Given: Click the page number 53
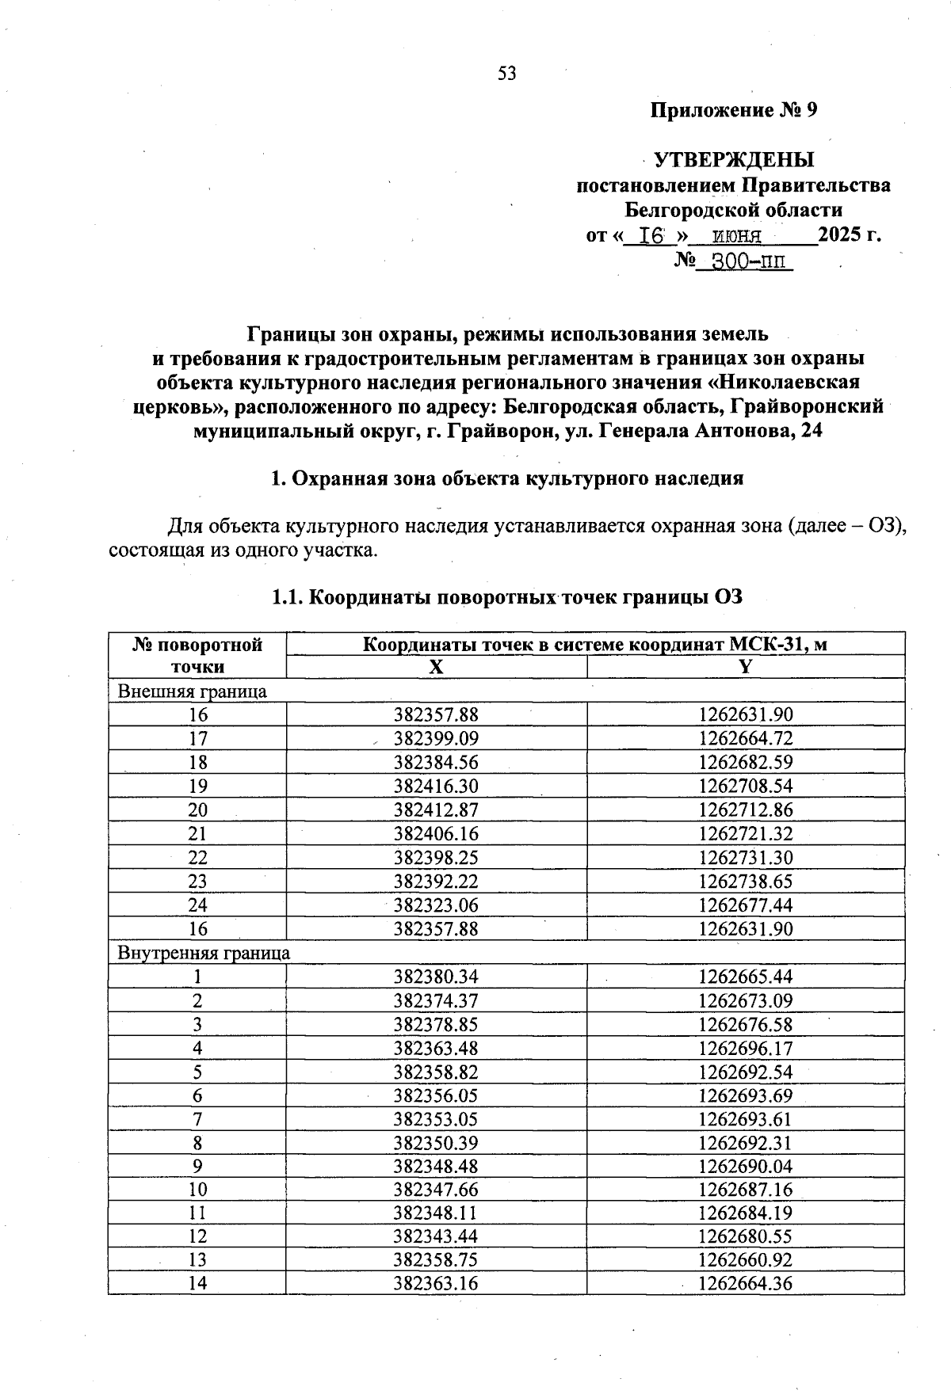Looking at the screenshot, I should (x=506, y=74).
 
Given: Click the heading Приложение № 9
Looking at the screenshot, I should (x=733, y=110).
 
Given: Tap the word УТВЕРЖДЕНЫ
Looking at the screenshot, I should (x=734, y=160).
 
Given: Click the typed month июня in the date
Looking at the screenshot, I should (x=737, y=235).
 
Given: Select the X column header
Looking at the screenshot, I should (x=436, y=667).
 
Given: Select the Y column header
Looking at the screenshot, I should (x=745, y=667).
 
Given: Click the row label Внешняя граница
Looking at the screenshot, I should (x=192, y=691).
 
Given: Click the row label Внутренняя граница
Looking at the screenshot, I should (x=204, y=952).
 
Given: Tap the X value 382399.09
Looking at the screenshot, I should (x=436, y=738).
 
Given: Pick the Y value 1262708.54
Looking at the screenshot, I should (x=745, y=786).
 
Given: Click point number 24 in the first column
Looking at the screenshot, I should (x=197, y=905).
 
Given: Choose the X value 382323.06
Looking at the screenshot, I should (x=436, y=905).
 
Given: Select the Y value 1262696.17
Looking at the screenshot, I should (x=745, y=1048).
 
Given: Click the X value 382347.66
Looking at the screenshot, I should (x=436, y=1190).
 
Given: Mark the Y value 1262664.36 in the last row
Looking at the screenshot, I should (x=745, y=1283).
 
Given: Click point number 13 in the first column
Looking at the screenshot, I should (x=197, y=1260).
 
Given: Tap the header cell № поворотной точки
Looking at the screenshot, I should (x=197, y=655).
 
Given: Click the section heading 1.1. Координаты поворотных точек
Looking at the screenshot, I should (x=507, y=597).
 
